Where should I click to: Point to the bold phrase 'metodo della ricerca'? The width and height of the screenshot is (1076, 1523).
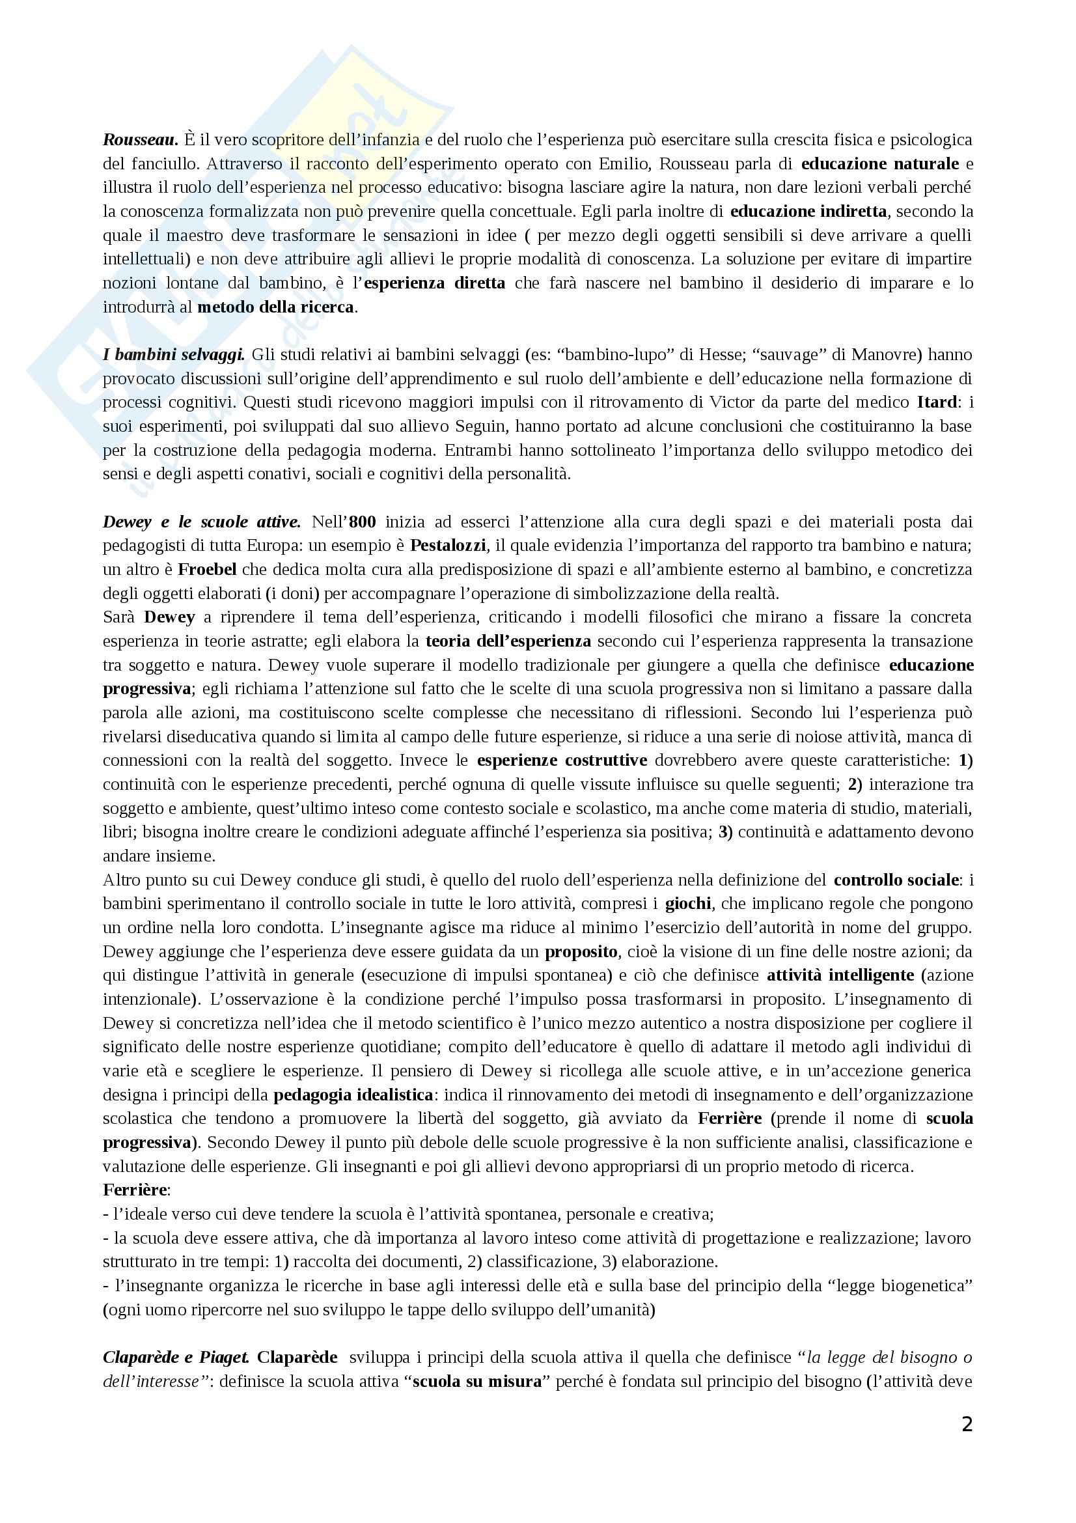(x=276, y=308)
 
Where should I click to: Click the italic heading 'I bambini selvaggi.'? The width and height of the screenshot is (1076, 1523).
(x=174, y=355)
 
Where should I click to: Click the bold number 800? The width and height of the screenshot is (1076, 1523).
(x=363, y=522)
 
